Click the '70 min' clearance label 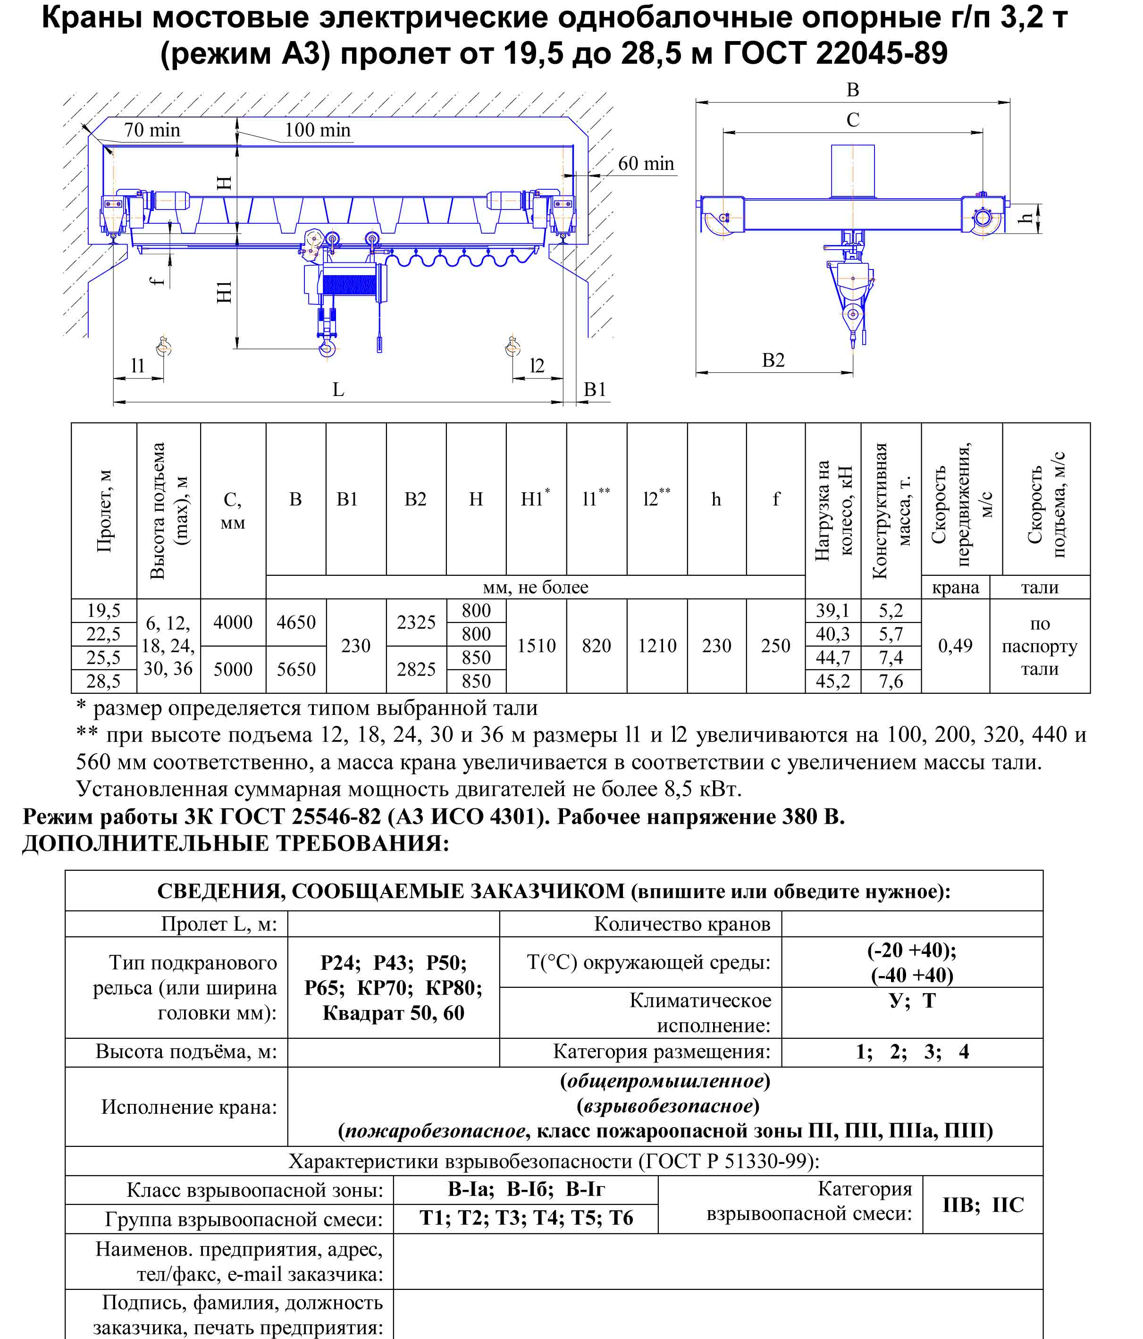click(x=152, y=130)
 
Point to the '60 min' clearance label click(x=646, y=163)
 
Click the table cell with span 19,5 click(x=103, y=610)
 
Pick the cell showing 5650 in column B click(x=296, y=669)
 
